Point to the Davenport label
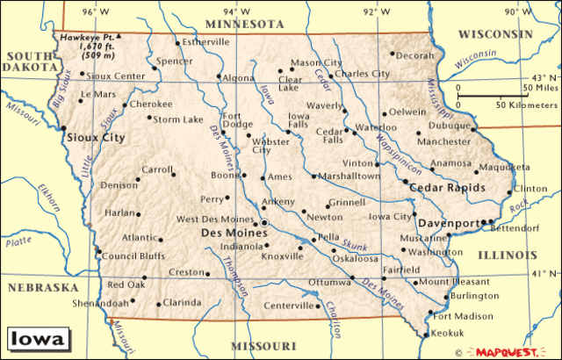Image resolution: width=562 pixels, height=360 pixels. (447, 222)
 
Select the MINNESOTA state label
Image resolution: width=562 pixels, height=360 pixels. (239, 24)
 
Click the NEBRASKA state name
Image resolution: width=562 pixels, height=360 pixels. (44, 287)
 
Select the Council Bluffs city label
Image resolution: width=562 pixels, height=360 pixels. (133, 256)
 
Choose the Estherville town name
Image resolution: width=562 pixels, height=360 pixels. (205, 41)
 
